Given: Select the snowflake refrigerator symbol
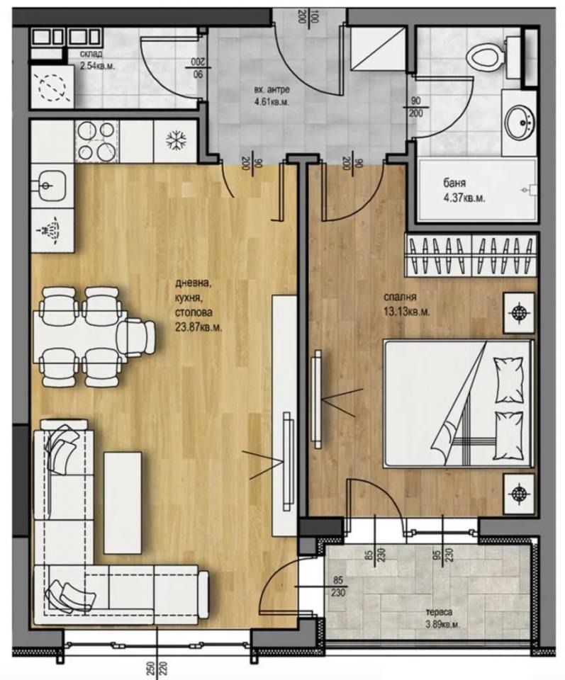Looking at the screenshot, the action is click(177, 140).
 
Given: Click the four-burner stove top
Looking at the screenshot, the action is click(97, 141).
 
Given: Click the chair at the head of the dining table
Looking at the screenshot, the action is click(137, 337).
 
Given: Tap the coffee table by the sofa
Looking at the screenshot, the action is click(123, 503).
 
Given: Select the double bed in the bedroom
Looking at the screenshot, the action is click(458, 404).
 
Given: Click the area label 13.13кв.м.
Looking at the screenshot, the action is click(406, 312).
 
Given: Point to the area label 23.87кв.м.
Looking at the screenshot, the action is click(198, 327).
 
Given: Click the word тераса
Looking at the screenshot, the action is click(439, 612).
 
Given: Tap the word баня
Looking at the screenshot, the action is click(454, 183).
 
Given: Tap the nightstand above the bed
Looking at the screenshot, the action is click(519, 312).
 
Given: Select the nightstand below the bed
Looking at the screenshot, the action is click(519, 494).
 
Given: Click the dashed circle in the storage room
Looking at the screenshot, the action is click(53, 87).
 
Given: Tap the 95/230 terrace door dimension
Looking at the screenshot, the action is click(442, 554).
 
